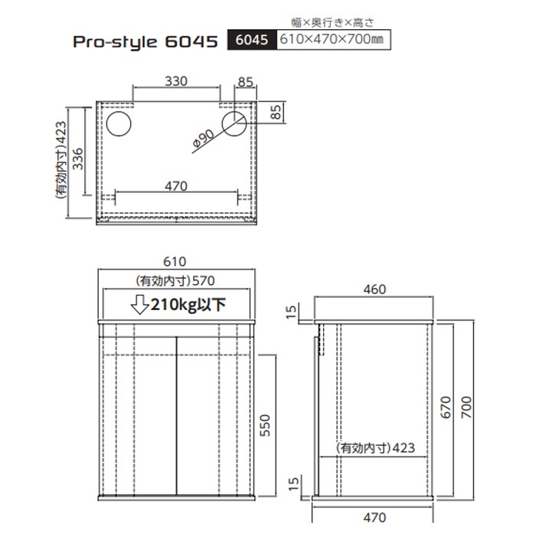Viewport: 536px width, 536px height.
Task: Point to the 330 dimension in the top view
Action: (x=177, y=80)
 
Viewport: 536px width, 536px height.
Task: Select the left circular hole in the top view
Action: (x=119, y=123)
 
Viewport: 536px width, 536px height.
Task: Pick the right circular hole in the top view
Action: (x=234, y=123)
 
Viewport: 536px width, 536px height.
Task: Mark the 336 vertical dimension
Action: (x=77, y=161)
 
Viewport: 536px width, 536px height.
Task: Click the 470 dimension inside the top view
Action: (x=177, y=185)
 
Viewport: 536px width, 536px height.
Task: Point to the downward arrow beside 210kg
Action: (x=140, y=305)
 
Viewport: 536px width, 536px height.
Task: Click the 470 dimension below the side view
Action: (x=374, y=518)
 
